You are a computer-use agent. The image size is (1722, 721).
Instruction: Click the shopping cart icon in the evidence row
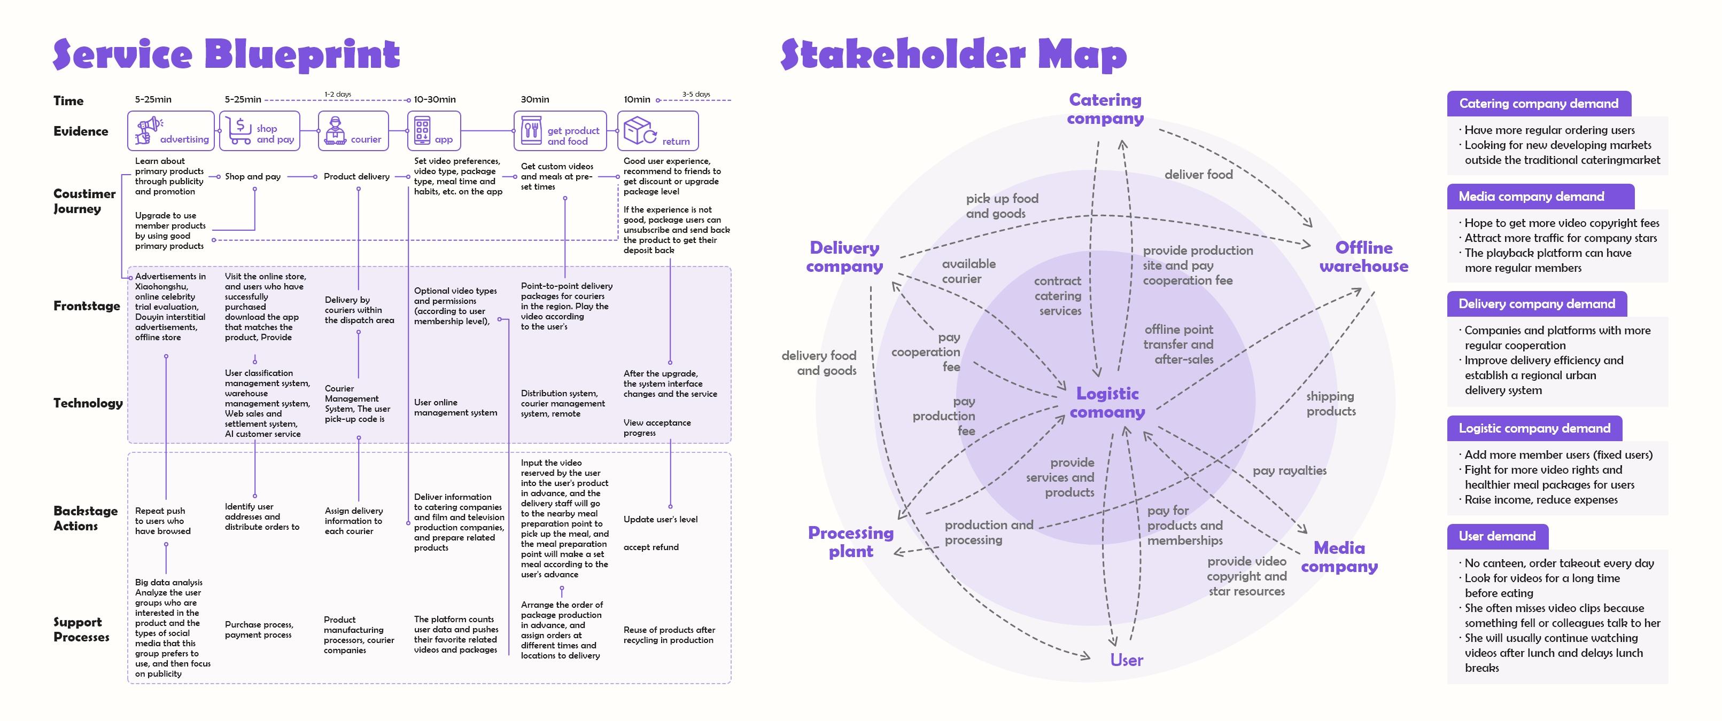239,130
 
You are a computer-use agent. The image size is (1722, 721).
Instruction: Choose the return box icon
640,130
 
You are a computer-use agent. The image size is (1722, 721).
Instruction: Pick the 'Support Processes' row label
82,630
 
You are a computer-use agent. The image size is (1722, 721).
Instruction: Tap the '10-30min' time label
435,99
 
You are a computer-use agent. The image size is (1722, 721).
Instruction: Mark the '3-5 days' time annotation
696,94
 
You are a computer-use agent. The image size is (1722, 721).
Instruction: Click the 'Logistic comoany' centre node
1107,403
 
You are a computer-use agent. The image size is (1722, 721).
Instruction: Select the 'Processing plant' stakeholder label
850,542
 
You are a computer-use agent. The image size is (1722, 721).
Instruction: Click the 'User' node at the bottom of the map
1127,660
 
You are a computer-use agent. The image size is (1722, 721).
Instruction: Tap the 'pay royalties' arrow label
1290,471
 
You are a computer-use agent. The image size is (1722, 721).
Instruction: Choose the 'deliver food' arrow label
1199,175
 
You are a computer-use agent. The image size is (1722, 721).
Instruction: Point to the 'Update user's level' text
660,519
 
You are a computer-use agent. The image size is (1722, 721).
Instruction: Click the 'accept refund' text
650,547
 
